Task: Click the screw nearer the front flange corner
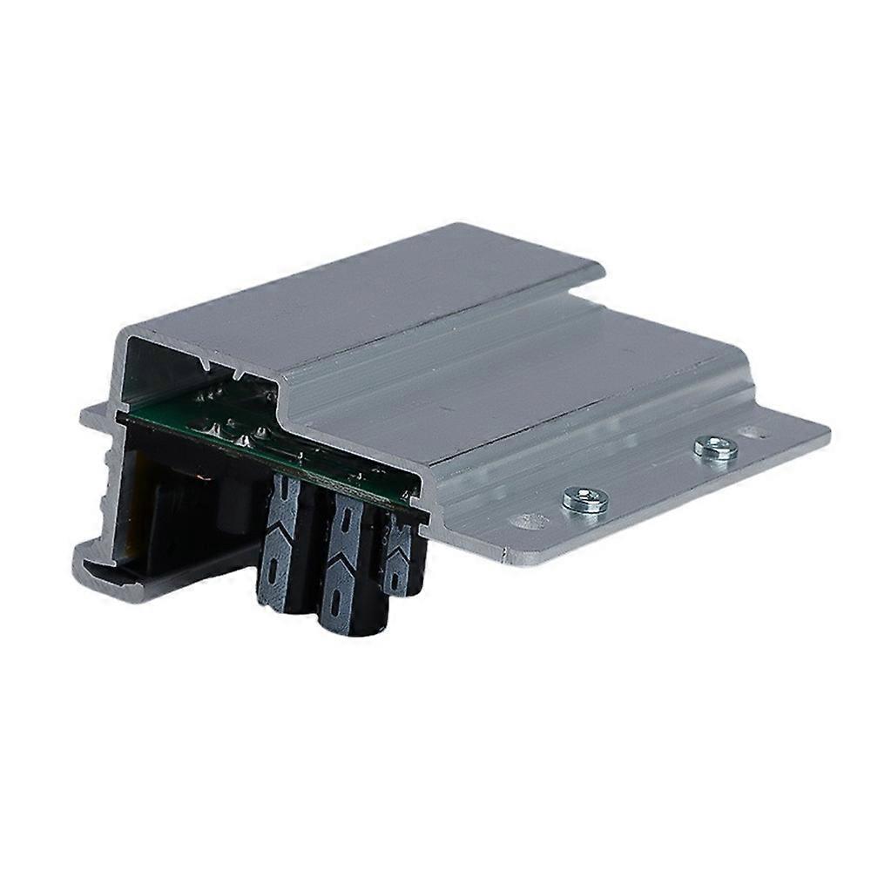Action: [x=584, y=499]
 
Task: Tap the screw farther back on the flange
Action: [x=715, y=449]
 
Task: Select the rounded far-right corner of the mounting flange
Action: [x=822, y=429]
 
